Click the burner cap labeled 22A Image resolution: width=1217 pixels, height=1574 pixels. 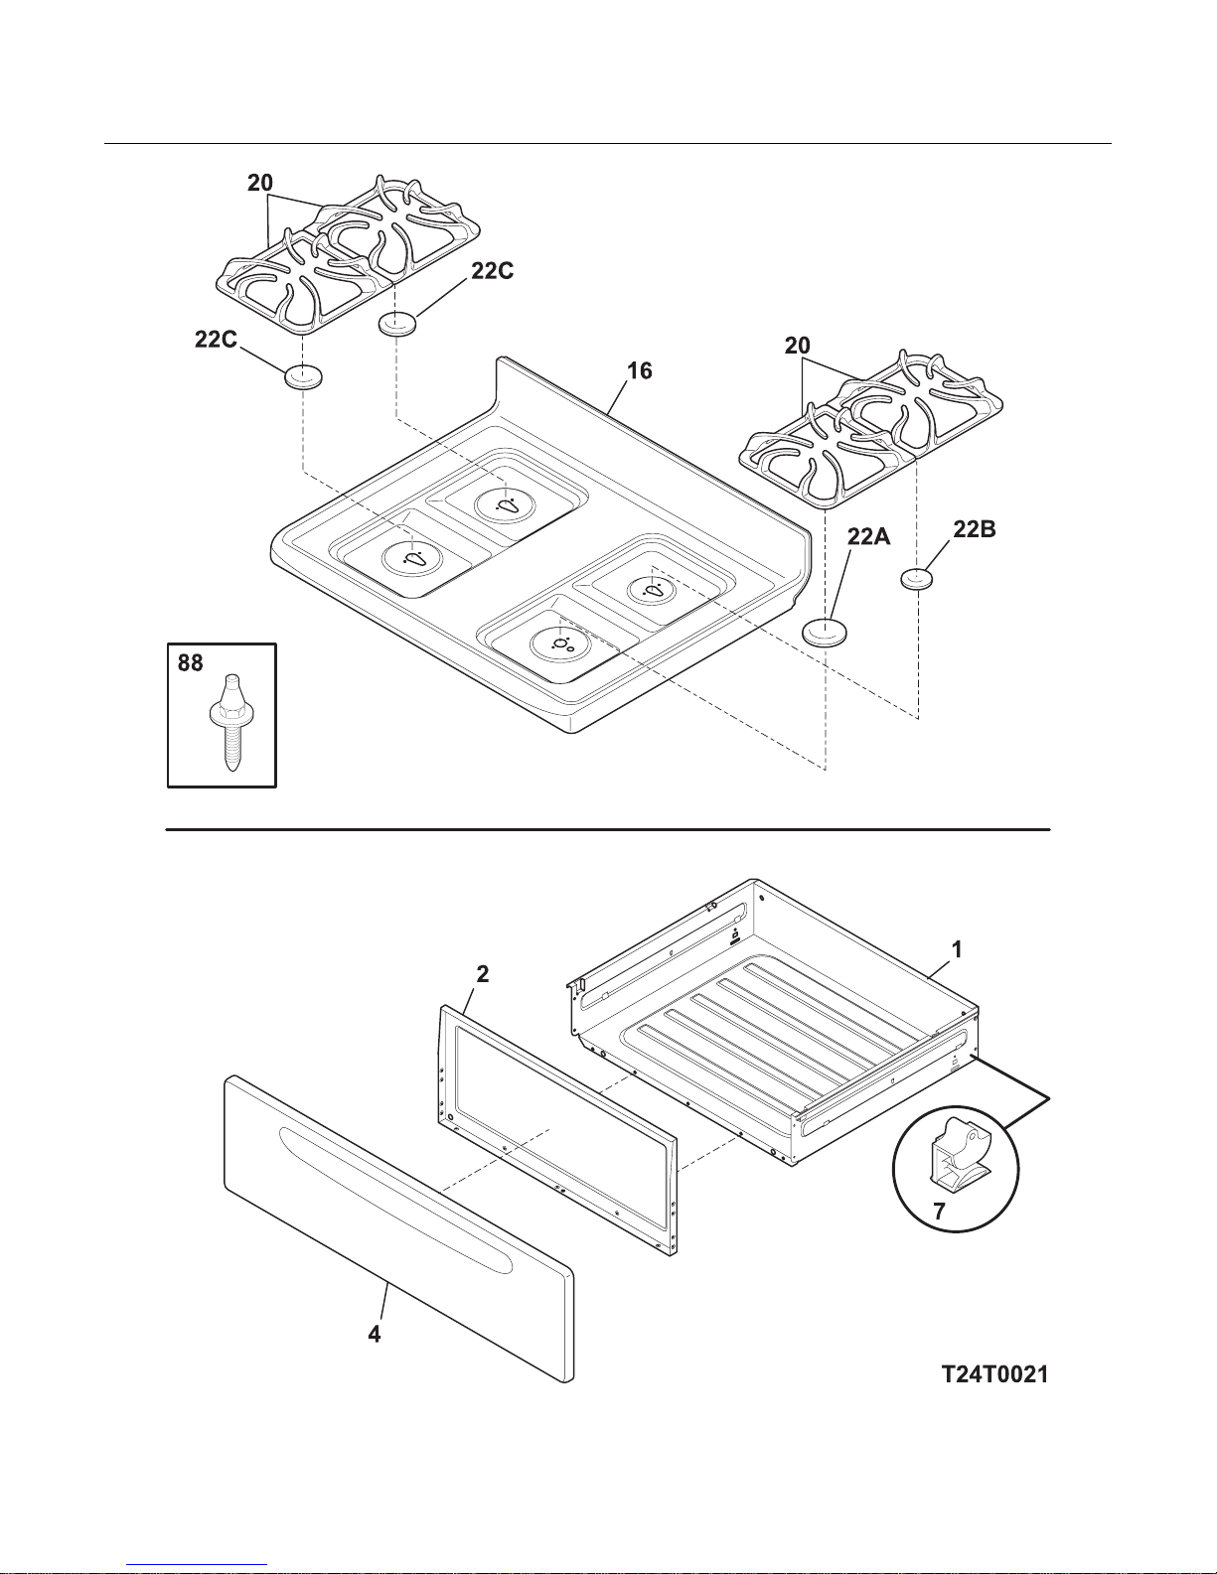[x=824, y=631]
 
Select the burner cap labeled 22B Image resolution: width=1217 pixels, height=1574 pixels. [x=914, y=577]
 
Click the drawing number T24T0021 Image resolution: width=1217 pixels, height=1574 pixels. [x=994, y=1374]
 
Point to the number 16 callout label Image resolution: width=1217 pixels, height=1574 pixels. [x=639, y=370]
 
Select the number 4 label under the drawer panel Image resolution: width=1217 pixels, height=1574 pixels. [x=375, y=1334]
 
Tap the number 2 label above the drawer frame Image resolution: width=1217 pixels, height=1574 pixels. [x=482, y=974]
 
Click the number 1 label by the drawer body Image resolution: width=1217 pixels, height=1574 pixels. [x=956, y=949]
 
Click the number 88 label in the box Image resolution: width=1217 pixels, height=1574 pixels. [x=191, y=662]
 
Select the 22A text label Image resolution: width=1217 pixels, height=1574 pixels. [x=868, y=536]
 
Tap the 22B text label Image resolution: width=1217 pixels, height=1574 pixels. [x=974, y=530]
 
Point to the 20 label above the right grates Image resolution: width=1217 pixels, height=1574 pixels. [x=797, y=346]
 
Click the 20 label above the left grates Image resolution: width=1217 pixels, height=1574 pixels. [x=260, y=183]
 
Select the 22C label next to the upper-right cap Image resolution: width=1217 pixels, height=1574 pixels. [x=492, y=270]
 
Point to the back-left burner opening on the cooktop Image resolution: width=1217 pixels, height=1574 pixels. [x=507, y=503]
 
